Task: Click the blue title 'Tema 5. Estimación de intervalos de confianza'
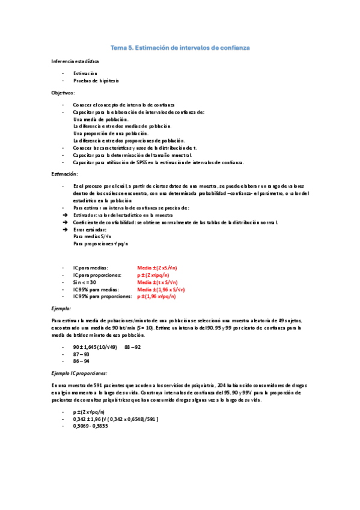pyautogui.click(x=180, y=47)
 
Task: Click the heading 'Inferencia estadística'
pyautogui.click(x=76, y=62)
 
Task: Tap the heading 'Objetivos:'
pyautogui.click(x=63, y=93)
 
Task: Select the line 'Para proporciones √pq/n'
pyautogui.click(x=100, y=244)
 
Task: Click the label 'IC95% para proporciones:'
pyautogui.click(x=102, y=296)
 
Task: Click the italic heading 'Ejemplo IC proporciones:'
pyautogui.click(x=79, y=373)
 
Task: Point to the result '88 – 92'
pyautogui.click(x=132, y=347)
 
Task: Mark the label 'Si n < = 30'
pyautogui.click(x=85, y=282)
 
